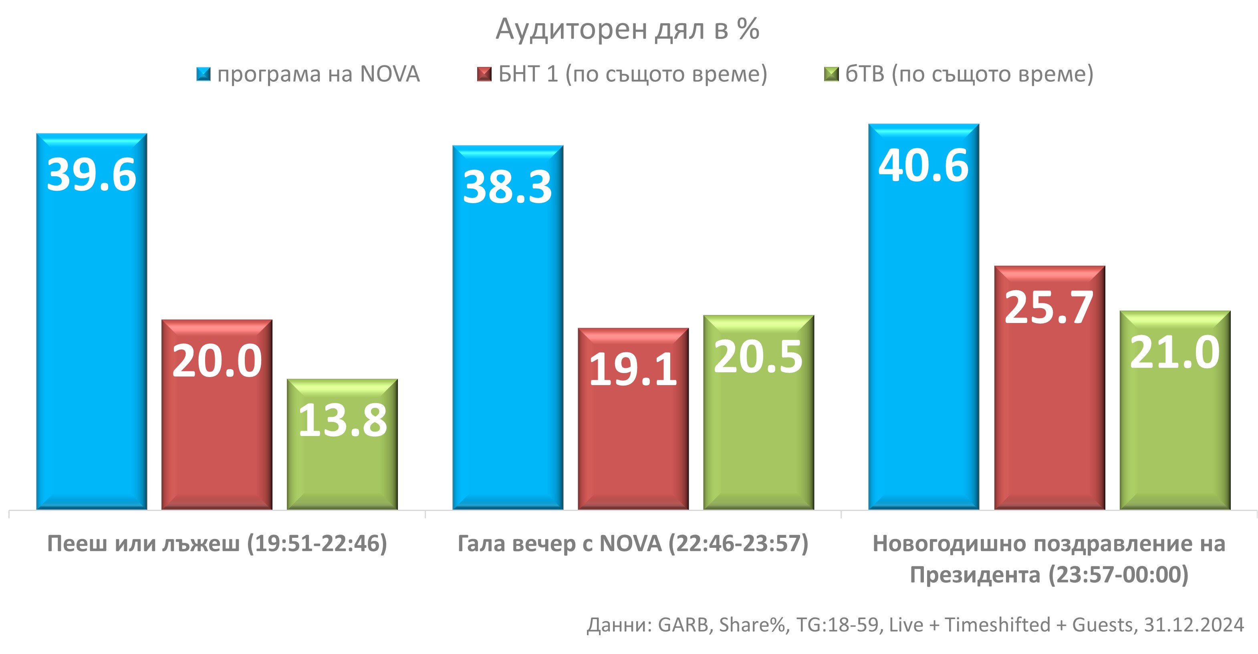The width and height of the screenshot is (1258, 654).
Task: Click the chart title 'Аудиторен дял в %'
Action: pyautogui.click(x=627, y=29)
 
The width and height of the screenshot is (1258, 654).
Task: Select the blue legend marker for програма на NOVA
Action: pyautogui.click(x=203, y=74)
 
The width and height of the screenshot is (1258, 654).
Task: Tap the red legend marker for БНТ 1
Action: pyautogui.click(x=484, y=74)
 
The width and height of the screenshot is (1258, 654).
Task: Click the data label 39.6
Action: pyautogui.click(x=91, y=175)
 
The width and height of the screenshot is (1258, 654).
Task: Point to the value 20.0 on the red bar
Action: pyautogui.click(x=217, y=361)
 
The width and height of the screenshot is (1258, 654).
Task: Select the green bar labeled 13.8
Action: pyautogui.click(x=342, y=469)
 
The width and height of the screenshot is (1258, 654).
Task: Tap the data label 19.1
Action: pyautogui.click(x=633, y=370)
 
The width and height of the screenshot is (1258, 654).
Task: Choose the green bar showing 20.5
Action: pyautogui.click(x=758, y=440)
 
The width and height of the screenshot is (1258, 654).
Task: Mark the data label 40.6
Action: pyautogui.click(x=923, y=166)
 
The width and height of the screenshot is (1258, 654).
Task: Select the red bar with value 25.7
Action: pyautogui.click(x=1050, y=415)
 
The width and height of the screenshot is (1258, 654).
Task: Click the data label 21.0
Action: pyautogui.click(x=1175, y=352)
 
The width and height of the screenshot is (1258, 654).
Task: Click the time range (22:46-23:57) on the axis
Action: pyautogui.click(x=738, y=544)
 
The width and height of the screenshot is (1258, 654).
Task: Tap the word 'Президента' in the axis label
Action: pyautogui.click(x=975, y=575)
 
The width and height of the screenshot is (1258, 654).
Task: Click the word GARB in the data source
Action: pyautogui.click(x=683, y=625)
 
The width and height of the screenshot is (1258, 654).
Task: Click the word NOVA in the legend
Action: pyautogui.click(x=390, y=74)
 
